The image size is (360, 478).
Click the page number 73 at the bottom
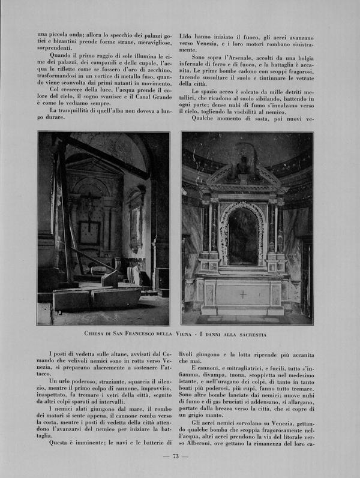tap(176, 456)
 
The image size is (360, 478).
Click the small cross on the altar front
tap(242, 294)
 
